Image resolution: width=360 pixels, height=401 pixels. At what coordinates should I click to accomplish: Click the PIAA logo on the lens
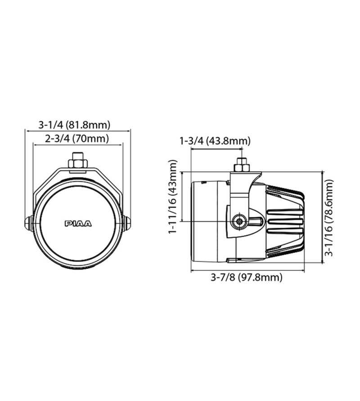tap(78, 224)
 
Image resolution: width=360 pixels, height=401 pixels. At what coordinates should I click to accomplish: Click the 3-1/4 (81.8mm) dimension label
tap(74, 125)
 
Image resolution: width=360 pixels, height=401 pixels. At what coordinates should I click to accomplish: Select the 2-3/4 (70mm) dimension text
tap(77, 138)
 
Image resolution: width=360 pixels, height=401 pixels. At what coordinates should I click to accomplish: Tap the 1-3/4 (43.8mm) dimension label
tap(215, 141)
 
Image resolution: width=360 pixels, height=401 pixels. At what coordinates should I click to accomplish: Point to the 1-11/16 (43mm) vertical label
tap(172, 196)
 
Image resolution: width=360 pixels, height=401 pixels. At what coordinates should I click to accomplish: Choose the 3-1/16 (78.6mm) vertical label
tap(329, 218)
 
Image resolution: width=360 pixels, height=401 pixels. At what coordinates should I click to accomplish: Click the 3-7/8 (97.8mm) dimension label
tap(246, 277)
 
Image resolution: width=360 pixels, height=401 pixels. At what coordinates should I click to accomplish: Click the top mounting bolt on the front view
tap(78, 160)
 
